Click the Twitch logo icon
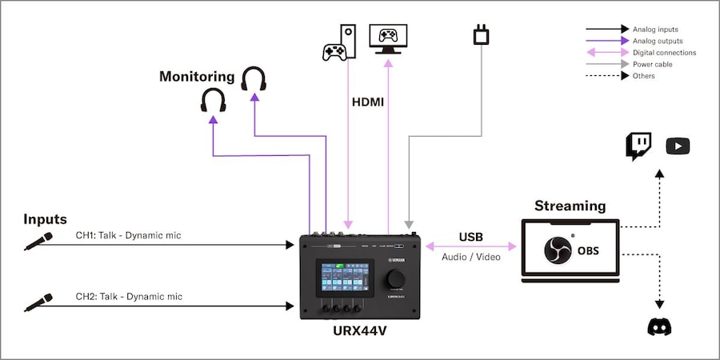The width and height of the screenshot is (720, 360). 638,146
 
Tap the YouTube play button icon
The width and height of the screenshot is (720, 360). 678,146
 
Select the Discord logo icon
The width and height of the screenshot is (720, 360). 659,326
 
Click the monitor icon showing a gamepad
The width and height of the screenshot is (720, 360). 388,38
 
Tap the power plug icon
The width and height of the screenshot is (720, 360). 482,35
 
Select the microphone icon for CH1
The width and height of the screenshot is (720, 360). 38,241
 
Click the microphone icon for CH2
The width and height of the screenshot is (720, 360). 38,302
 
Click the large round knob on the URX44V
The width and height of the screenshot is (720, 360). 394,278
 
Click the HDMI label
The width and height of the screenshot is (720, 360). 368,102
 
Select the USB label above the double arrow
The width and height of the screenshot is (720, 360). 470,237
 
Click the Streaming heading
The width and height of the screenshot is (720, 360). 570,206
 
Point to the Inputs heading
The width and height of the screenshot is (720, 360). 45,218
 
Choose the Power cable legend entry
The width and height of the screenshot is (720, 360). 652,64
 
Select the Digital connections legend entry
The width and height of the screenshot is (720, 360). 664,53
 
